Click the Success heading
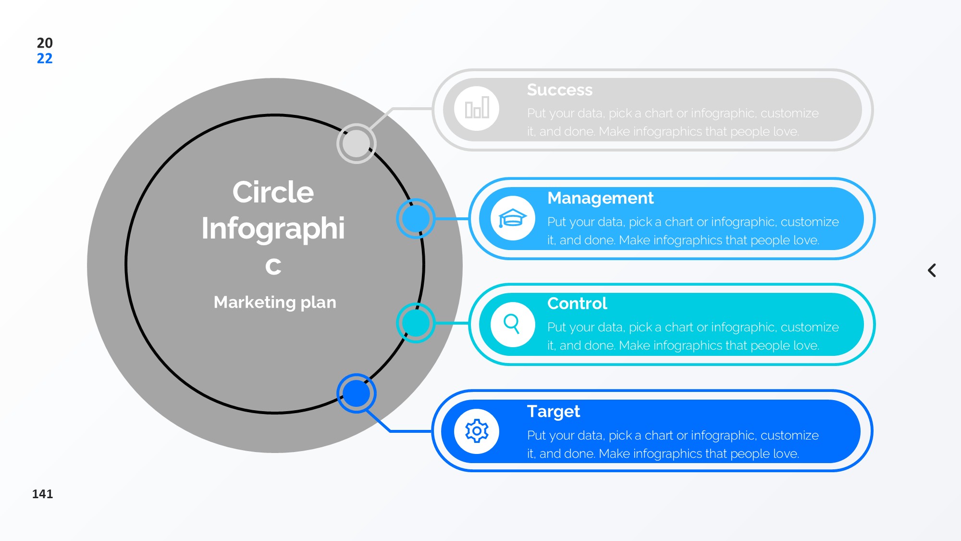tap(559, 90)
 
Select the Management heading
tap(600, 198)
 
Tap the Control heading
tap(577, 303)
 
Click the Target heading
tap(553, 412)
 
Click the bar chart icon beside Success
tap(477, 108)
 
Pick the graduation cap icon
tap(512, 218)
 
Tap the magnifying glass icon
tap(512, 324)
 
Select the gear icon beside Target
tap(477, 431)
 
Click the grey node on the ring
tap(356, 143)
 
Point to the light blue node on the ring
tap(416, 218)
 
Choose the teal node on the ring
tap(416, 323)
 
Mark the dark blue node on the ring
tap(356, 393)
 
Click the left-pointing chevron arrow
tap(932, 270)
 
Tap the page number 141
tap(42, 494)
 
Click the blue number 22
tap(45, 59)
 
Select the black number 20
tap(45, 43)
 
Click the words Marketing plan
tap(275, 302)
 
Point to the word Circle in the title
tap(273, 192)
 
